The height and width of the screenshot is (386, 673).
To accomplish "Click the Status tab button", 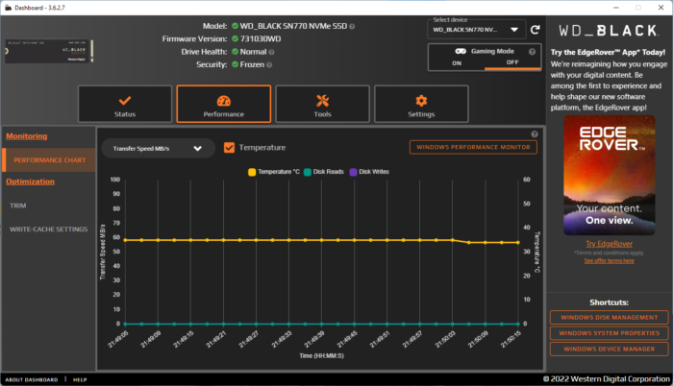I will (x=124, y=106).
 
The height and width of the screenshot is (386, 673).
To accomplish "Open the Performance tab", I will (x=223, y=106).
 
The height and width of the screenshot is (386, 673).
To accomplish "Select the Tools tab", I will (x=322, y=106).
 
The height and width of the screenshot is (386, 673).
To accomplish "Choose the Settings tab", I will (x=421, y=106).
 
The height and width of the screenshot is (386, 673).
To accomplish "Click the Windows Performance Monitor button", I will (x=472, y=148).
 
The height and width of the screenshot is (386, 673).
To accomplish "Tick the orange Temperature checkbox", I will (x=229, y=148).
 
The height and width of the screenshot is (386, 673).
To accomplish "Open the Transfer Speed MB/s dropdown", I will (x=158, y=149).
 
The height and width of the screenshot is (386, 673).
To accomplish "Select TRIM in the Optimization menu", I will (x=18, y=205).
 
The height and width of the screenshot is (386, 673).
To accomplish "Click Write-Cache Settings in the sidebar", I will (x=48, y=229).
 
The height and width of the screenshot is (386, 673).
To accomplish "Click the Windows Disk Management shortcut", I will (x=608, y=318).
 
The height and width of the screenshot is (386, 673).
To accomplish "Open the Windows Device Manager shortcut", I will (x=608, y=349).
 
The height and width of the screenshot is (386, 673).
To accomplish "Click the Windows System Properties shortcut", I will (x=608, y=333).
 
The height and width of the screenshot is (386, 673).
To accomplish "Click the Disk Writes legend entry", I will (x=370, y=172).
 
